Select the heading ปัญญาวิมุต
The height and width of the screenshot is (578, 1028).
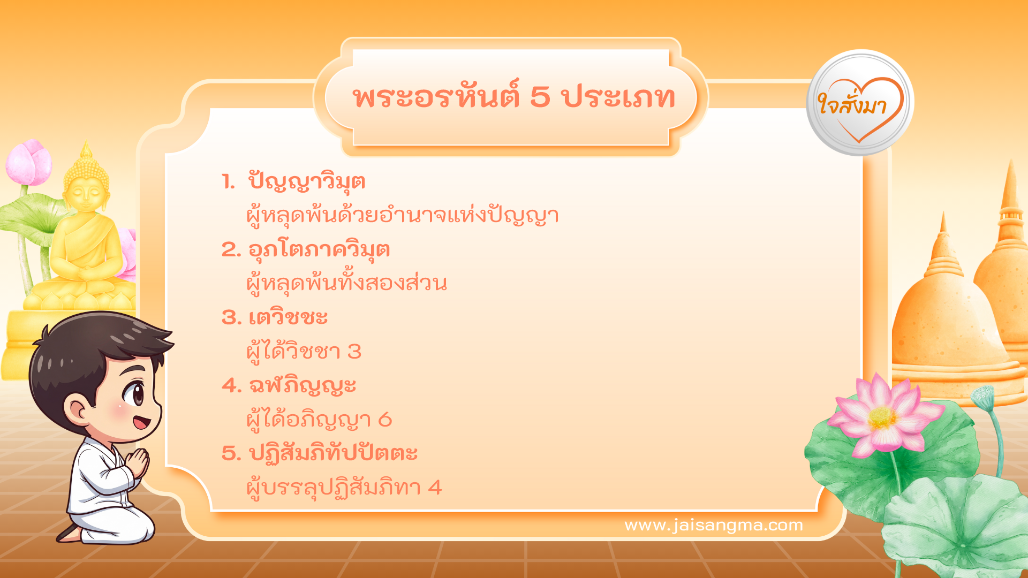[x=307, y=182]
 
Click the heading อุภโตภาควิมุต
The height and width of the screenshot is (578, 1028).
[x=319, y=250]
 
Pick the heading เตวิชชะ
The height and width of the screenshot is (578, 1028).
[x=288, y=318]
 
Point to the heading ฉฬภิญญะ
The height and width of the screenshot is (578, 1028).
[x=303, y=386]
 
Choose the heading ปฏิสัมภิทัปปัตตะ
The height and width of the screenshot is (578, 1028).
[x=333, y=454]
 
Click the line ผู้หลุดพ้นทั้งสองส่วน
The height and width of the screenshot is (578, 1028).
[x=346, y=283]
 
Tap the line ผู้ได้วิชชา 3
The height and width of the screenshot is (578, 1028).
[x=304, y=352]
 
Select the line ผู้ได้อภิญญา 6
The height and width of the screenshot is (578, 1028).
[x=319, y=420]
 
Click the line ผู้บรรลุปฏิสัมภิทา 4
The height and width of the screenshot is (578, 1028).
[x=344, y=488]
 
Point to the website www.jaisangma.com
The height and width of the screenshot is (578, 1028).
[x=713, y=526]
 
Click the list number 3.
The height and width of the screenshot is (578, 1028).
[x=231, y=318]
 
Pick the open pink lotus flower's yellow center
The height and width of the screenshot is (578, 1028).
[x=882, y=418]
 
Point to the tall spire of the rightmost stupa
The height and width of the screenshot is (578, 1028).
[x=1010, y=193]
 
